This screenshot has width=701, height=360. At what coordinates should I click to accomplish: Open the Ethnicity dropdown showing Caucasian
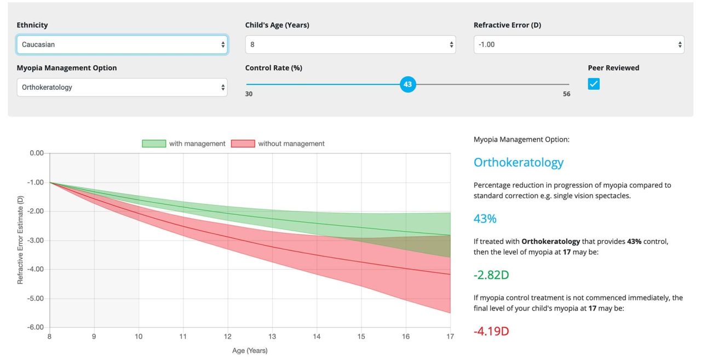click(122, 44)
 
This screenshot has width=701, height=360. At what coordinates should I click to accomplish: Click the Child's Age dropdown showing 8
click(350, 44)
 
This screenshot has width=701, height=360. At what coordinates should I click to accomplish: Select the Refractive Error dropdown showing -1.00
click(579, 44)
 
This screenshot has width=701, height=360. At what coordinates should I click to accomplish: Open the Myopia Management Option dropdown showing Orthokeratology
click(122, 87)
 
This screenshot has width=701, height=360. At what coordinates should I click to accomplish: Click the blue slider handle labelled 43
click(407, 84)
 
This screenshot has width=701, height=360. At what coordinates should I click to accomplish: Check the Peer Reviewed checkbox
click(594, 84)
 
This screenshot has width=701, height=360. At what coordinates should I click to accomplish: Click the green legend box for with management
click(153, 144)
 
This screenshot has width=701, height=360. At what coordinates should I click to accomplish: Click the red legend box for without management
click(243, 144)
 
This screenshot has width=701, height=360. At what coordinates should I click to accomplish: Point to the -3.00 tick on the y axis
click(36, 241)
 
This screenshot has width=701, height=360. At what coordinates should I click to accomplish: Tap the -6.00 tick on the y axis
click(36, 327)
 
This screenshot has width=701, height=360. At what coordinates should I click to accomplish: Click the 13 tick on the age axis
click(272, 336)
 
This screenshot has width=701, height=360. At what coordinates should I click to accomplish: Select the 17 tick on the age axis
click(450, 336)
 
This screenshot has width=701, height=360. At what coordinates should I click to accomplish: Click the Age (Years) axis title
click(249, 351)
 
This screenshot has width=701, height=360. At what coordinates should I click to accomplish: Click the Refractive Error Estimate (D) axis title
click(20, 240)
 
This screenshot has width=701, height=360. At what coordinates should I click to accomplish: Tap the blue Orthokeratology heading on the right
click(518, 163)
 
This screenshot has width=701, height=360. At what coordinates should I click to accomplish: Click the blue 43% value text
click(485, 219)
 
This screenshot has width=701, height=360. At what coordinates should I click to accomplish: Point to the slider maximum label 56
click(566, 94)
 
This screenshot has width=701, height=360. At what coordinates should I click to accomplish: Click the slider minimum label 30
click(249, 94)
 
